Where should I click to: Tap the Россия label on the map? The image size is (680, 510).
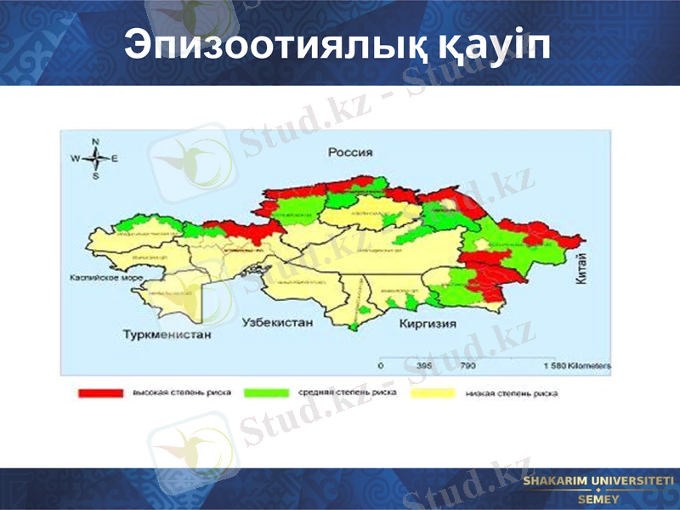coord(350,153)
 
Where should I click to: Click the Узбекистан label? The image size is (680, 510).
coord(278,323)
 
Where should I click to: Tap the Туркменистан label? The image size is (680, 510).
coord(165,335)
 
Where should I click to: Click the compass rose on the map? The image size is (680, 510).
coord(96,158)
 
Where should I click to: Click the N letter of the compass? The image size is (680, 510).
coord(96,142)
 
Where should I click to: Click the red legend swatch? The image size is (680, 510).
coord(100,394)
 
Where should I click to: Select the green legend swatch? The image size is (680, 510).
coord(267,394)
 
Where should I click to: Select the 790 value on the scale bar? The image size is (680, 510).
coord(467,365)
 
